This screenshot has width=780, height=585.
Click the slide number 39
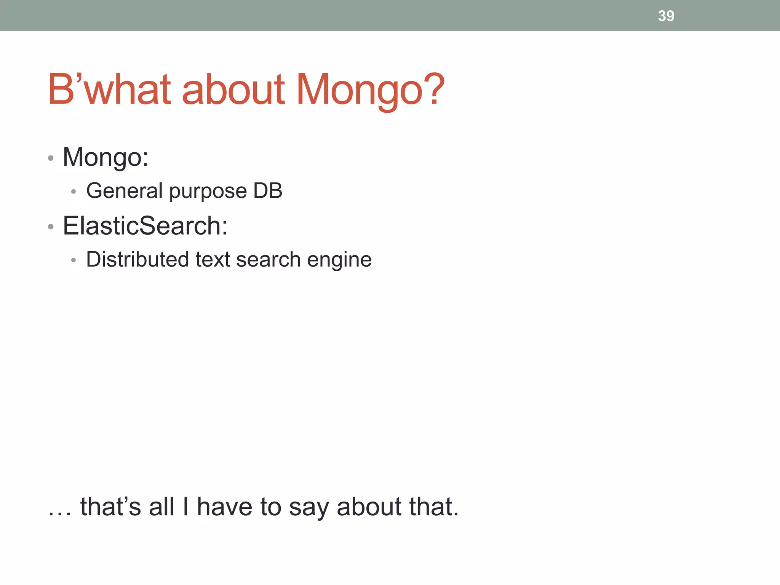point(666,16)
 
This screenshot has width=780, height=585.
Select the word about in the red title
point(233,90)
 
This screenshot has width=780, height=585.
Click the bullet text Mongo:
point(105,157)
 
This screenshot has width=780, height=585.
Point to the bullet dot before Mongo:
point(51,158)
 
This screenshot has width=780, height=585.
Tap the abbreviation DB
point(268,190)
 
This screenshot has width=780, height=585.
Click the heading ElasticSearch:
point(145,226)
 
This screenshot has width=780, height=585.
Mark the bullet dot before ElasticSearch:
point(51,227)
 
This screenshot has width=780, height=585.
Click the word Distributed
point(137,259)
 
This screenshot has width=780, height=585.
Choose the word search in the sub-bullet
point(269,259)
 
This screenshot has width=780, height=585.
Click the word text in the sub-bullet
point(213,259)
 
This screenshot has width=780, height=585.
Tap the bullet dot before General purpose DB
point(74,192)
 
